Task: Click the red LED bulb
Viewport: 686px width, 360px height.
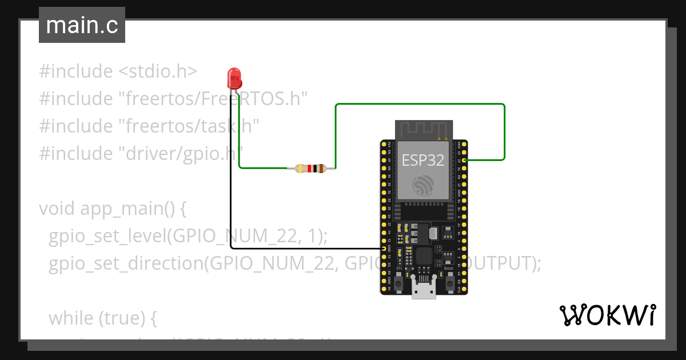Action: pos(234,77)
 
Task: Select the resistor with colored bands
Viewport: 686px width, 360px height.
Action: pos(310,168)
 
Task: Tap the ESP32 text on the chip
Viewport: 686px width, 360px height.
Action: pos(423,160)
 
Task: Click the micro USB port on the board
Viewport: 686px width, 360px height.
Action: pos(424,290)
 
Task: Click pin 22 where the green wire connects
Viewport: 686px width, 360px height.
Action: pos(465,161)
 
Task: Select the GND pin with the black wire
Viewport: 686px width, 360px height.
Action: pos(383,249)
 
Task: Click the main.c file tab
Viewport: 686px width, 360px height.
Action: pos(82,26)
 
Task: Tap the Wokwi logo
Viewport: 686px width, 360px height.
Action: pos(607,315)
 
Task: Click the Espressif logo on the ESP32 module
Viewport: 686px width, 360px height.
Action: pos(424,185)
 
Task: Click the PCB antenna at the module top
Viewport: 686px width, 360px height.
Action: pos(424,130)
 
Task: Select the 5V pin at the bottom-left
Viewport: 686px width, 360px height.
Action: pos(383,290)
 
